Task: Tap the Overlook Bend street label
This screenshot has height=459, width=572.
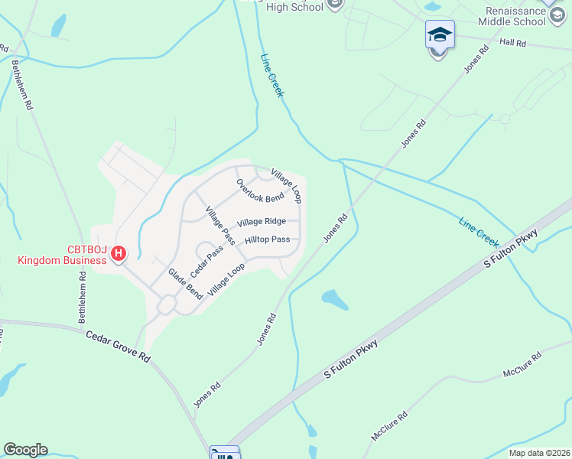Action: pyautogui.click(x=260, y=191)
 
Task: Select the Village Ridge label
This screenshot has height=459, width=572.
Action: pyautogui.click(x=262, y=222)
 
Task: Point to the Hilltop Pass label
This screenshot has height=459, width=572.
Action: pyautogui.click(x=267, y=240)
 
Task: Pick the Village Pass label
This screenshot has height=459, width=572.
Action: pyautogui.click(x=219, y=226)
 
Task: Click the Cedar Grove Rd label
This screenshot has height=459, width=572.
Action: pyautogui.click(x=118, y=346)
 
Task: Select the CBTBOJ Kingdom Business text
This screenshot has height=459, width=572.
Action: pyautogui.click(x=63, y=255)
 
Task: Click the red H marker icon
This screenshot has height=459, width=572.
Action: pyautogui.click(x=119, y=253)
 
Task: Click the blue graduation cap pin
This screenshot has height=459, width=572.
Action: pyautogui.click(x=440, y=35)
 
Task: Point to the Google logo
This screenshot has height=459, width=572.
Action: pyautogui.click(x=25, y=450)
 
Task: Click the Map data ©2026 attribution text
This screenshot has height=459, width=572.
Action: pyautogui.click(x=538, y=453)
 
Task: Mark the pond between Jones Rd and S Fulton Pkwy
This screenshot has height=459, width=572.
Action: pyautogui.click(x=334, y=298)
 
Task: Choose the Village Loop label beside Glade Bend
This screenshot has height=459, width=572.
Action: pyautogui.click(x=226, y=278)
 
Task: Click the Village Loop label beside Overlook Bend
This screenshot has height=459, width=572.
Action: pyautogui.click(x=287, y=186)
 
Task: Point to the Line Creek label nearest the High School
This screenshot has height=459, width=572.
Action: pyautogui.click(x=271, y=75)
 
